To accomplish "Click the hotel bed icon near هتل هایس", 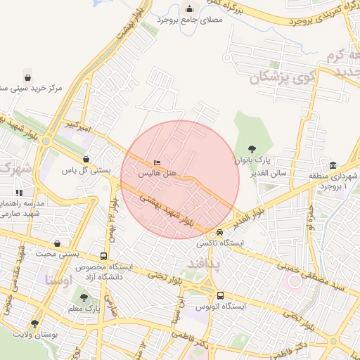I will pos(156,162).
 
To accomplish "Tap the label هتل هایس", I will pos(156,172).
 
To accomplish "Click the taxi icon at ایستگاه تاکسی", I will pos(220,232).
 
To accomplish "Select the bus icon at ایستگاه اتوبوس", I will pos(220,296).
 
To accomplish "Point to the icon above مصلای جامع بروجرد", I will pos(190,8).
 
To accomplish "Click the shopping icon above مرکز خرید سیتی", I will pos(27,77).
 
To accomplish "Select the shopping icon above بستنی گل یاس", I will pos(86,160).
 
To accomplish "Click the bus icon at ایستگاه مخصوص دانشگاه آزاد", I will pos(104,257).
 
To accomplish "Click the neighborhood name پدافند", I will pos(203,263).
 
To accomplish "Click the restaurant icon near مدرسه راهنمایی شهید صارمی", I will pos(20,192).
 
